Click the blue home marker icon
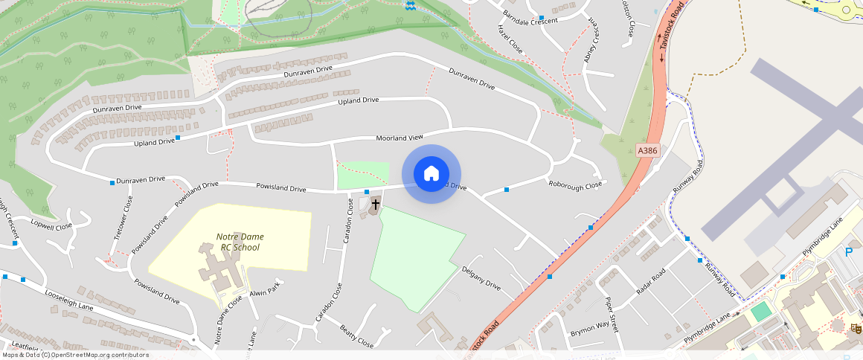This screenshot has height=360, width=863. (431, 174)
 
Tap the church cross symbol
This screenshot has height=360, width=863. (376, 204)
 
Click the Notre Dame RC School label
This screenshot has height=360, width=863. (240, 242)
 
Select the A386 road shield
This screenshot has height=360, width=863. (648, 150)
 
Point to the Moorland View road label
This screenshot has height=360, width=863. (400, 138)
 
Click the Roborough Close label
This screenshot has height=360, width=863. (575, 184)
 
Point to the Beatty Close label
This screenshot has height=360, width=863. (356, 337)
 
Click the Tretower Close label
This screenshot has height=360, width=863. (123, 216)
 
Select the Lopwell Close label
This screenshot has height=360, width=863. (51, 225)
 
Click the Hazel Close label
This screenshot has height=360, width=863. (510, 42)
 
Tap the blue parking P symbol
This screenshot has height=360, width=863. (849, 252)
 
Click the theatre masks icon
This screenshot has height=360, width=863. (856, 327)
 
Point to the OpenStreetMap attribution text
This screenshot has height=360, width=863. (74, 355)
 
